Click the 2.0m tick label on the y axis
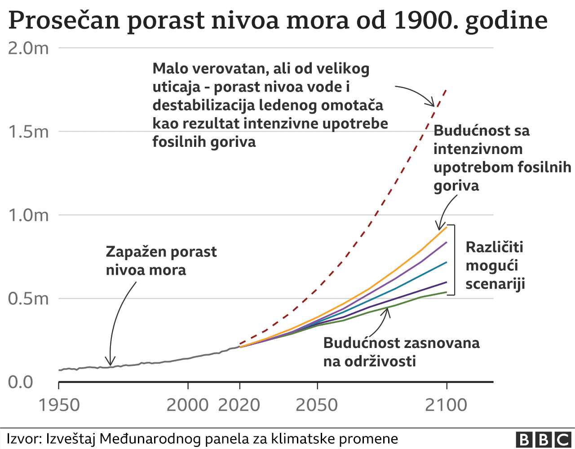pyautogui.click(x=28, y=48)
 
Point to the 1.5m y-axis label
pyautogui.click(x=28, y=132)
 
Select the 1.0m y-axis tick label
pyautogui.click(x=28, y=215)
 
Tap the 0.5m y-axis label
pyautogui.click(x=28, y=299)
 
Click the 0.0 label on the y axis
pyautogui.click(x=21, y=382)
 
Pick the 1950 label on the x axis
pyautogui.click(x=59, y=405)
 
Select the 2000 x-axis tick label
pyautogui.click(x=188, y=405)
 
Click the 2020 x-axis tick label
pyautogui.click(x=239, y=405)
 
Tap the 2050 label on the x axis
pyautogui.click(x=317, y=405)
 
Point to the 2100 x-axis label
pyautogui.click(x=446, y=405)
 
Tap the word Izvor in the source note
pyautogui.click(x=22, y=439)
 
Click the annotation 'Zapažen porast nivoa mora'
pyautogui.click(x=161, y=261)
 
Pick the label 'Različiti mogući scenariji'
pyautogui.click(x=495, y=265)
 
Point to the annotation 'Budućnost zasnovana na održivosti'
pyautogui.click(x=401, y=352)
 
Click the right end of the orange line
pyautogui.click(x=447, y=227)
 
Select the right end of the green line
pyautogui.click(x=447, y=292)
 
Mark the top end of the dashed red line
pyautogui.click(x=446, y=89)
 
